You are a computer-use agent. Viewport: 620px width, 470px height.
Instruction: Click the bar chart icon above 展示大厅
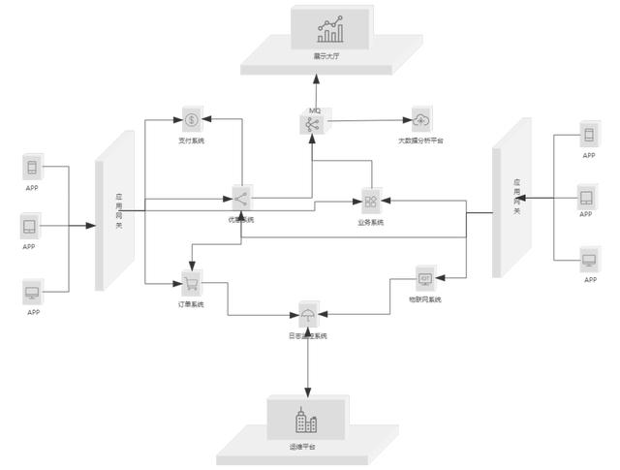point(330,31)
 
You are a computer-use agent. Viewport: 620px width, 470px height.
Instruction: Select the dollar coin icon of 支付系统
point(192,121)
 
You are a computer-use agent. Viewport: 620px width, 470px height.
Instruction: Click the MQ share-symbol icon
point(312,124)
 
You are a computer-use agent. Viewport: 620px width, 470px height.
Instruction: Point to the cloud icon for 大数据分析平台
point(420,120)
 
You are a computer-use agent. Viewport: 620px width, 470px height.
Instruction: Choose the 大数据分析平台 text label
point(420,141)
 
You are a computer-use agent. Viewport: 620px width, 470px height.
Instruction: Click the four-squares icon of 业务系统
point(370,203)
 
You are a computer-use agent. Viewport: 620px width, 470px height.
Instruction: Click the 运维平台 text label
point(303,447)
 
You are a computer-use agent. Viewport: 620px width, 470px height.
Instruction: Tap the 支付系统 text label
point(191,141)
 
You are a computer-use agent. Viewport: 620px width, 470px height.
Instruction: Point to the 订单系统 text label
point(191,306)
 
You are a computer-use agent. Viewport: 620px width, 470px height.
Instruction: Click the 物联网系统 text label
point(425,300)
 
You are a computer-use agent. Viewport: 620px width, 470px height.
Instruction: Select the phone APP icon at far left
point(32,167)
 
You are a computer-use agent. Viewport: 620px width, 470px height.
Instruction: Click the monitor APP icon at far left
point(32,292)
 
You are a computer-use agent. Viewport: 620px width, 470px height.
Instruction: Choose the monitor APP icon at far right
point(589,261)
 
